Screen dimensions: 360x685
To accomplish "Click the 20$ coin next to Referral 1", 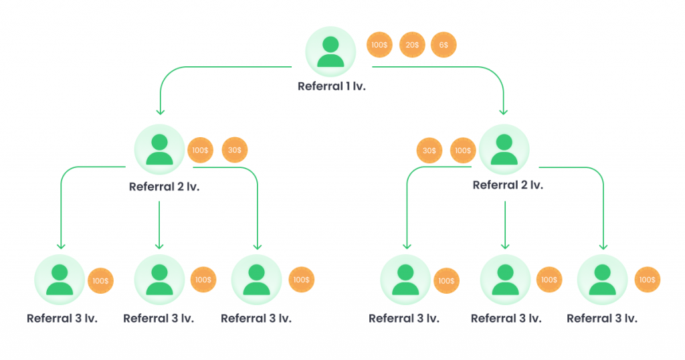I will (411, 45).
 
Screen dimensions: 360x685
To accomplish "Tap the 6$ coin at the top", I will (444, 45).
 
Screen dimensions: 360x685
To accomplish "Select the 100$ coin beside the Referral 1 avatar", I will (379, 45).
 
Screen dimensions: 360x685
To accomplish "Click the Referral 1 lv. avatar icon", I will (330, 52).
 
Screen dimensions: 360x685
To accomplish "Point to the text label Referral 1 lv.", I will (332, 87).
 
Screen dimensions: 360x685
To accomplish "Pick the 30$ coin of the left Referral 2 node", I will (234, 151).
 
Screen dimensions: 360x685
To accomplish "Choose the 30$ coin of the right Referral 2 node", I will (429, 151).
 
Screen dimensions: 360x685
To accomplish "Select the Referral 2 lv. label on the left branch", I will (165, 187).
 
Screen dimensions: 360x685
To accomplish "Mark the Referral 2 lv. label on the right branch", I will (508, 185).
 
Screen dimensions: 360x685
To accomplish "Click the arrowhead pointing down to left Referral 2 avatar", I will (159, 112).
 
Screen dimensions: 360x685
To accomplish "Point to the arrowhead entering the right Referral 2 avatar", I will (504, 112).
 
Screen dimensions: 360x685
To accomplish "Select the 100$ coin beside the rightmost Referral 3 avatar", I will (647, 280).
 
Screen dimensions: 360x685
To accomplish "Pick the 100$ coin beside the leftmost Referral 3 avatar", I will (100, 281).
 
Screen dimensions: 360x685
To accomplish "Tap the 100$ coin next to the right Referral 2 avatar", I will (463, 151).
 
